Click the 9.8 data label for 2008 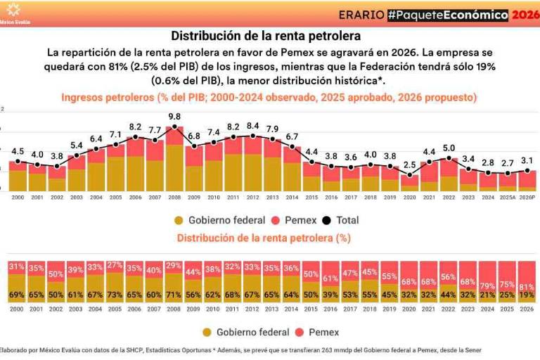pos(174,117)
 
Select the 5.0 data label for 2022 pos(449,148)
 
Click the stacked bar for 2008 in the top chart pos(174,160)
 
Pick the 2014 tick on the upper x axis pos(292,198)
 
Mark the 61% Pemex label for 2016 pos(330,278)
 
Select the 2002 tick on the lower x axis pos(56,309)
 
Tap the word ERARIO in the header pos(361,14)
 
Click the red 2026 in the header pos(525,14)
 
